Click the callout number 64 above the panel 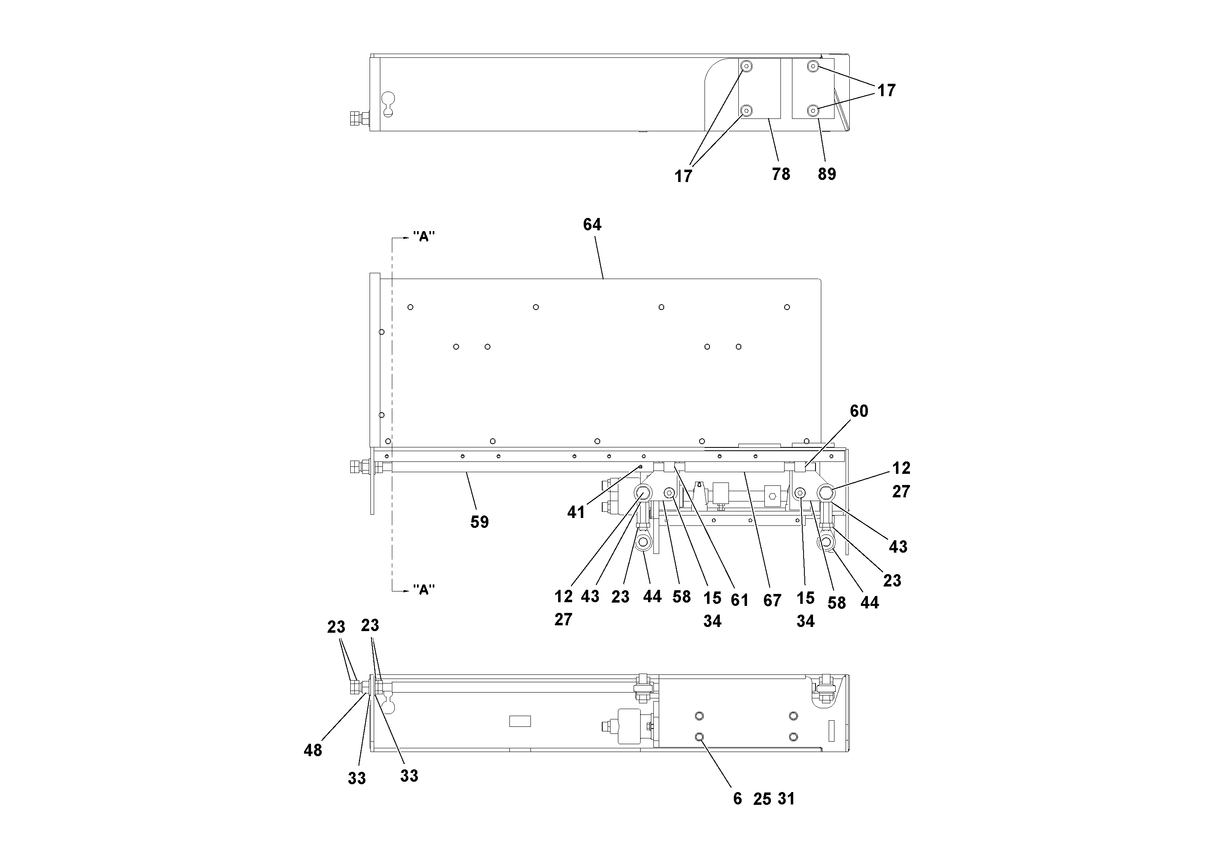tap(592, 225)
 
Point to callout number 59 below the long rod tap(479, 522)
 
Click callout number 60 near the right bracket tap(859, 411)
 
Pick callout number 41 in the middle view tap(575, 513)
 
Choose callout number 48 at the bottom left tap(313, 750)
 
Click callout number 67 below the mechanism tap(772, 601)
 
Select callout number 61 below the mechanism tap(739, 601)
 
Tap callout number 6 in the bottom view tap(738, 799)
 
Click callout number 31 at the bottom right tap(786, 799)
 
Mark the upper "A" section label tap(424, 237)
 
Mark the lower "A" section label tap(424, 590)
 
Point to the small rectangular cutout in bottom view tap(519, 721)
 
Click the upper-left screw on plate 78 tap(745, 67)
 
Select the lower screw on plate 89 tap(813, 111)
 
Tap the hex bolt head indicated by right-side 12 tap(825, 492)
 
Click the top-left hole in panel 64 tap(410, 307)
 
